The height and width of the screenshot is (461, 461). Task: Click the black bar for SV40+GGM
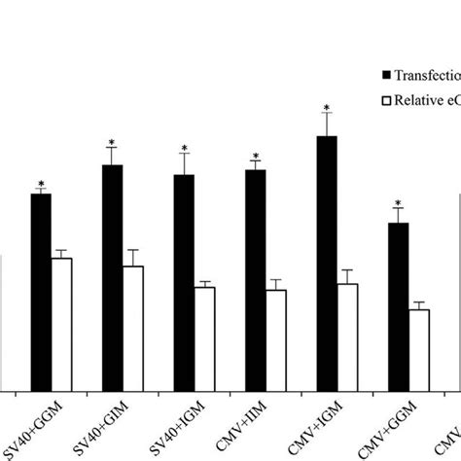(x=40, y=292)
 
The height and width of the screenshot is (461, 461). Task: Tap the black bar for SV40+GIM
(x=112, y=277)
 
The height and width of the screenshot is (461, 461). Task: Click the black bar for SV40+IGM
(x=183, y=282)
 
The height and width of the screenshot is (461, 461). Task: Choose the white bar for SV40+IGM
(x=204, y=338)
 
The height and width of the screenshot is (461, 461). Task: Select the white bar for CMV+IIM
(x=276, y=340)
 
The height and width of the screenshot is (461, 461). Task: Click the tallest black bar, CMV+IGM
(x=327, y=263)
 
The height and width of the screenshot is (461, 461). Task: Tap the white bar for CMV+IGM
(x=347, y=337)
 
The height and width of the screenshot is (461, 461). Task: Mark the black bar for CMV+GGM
(x=398, y=306)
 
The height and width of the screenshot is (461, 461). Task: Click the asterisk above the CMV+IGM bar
(x=327, y=108)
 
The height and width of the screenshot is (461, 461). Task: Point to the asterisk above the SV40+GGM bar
(x=41, y=183)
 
